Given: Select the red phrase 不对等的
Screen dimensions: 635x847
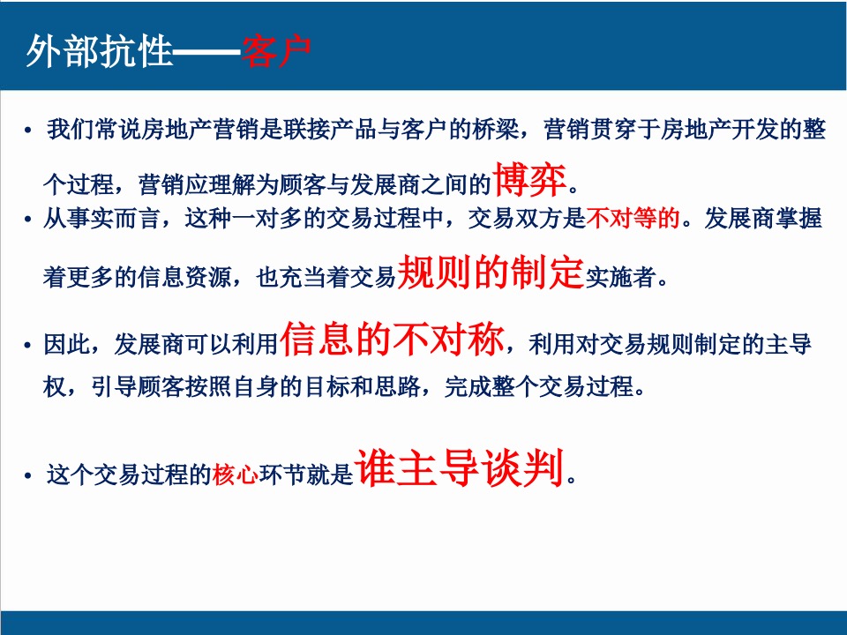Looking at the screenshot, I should [633, 220].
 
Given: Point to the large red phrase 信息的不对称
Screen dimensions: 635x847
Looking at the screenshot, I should [393, 340].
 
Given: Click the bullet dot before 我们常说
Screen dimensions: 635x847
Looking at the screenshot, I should [28, 132].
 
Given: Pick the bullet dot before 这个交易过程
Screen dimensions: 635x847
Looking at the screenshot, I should [28, 477].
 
